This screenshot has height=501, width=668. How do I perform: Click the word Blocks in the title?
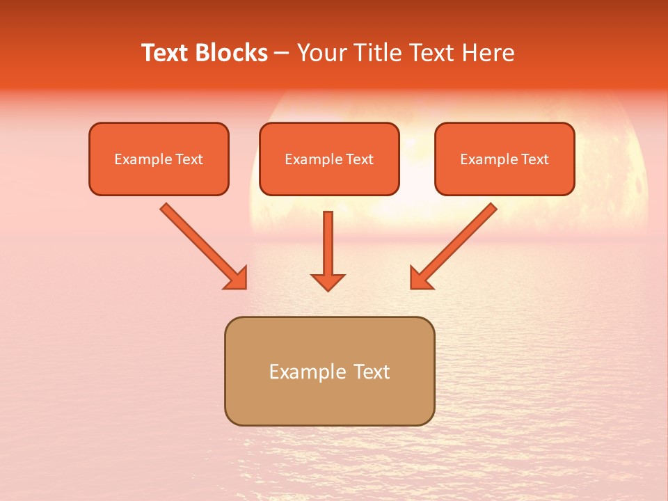pyautogui.click(x=232, y=53)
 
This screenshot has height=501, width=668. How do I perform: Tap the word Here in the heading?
pyautogui.click(x=488, y=53)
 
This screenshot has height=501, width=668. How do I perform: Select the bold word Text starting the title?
pyautogui.click(x=166, y=53)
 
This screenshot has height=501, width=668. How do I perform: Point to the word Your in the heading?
pyautogui.click(x=322, y=53)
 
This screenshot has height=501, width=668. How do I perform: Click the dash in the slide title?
pyautogui.click(x=282, y=53)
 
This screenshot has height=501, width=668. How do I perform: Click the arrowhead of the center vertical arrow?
pyautogui.click(x=328, y=281)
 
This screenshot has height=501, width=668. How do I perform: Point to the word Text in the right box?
pyautogui.click(x=534, y=159)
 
